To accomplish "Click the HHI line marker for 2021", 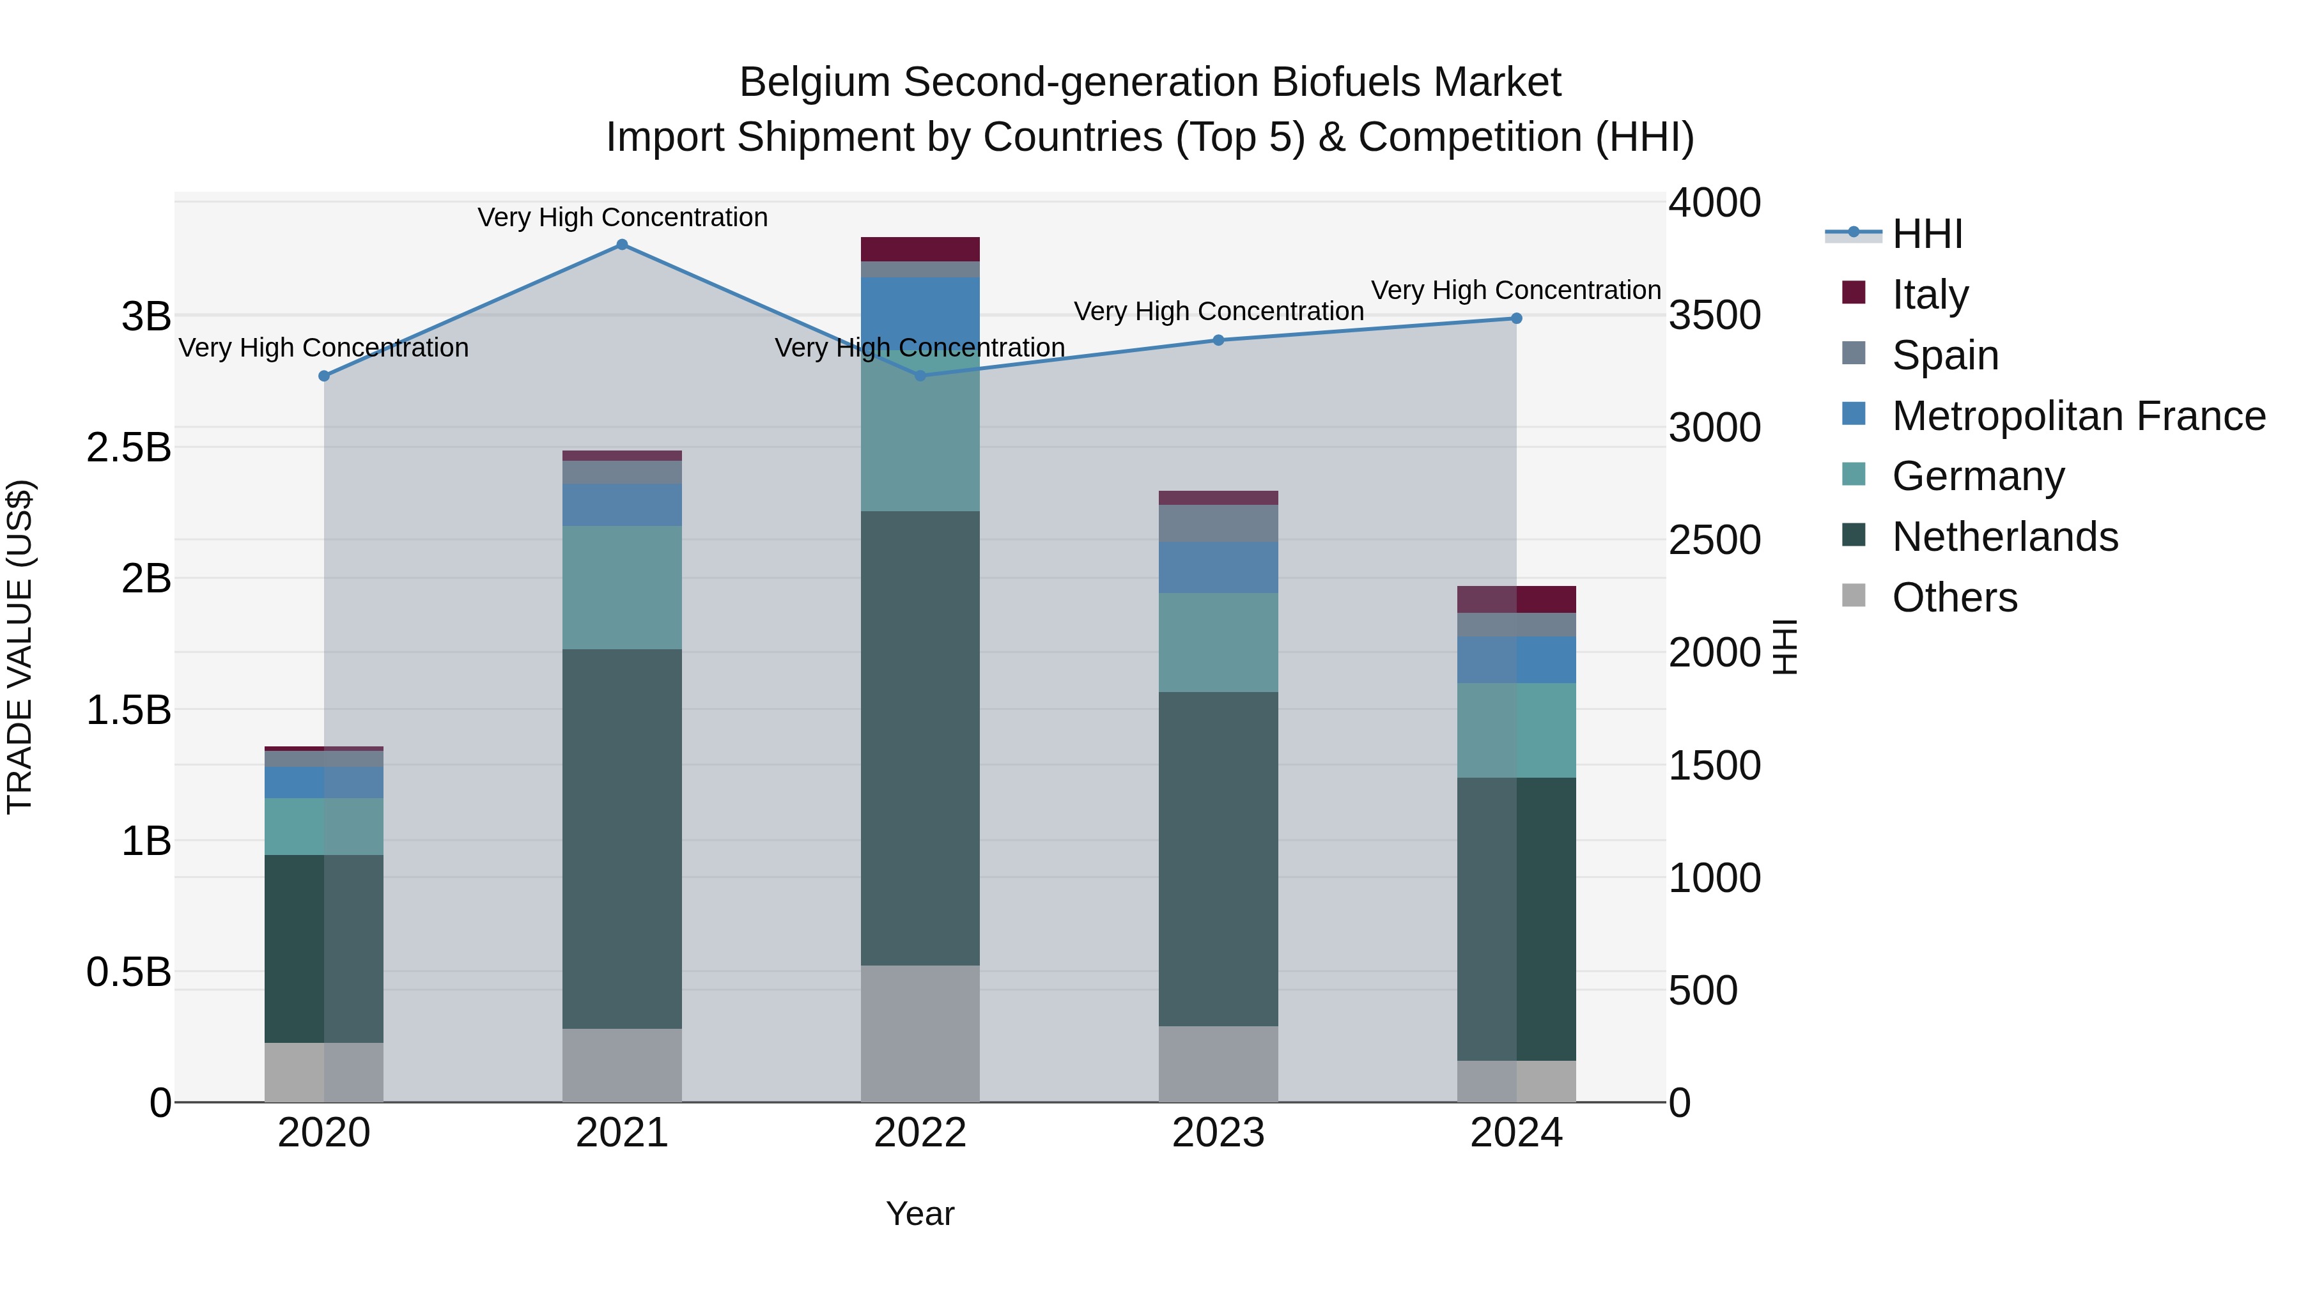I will coord(622,245).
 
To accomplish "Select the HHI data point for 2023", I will coord(1218,340).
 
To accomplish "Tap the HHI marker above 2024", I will coord(1516,319).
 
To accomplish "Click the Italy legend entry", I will coord(1930,294).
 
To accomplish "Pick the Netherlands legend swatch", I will coord(1854,536).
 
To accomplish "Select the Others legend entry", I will coord(1953,597).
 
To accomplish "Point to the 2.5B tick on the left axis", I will coord(128,447).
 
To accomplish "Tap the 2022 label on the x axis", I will coord(920,1133).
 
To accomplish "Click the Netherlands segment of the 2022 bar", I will coord(920,737).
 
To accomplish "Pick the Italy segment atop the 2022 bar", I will coord(920,249).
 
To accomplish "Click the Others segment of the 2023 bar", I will coord(1218,1063).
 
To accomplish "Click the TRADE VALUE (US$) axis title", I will coord(20,647).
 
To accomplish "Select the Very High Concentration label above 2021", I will coord(622,217).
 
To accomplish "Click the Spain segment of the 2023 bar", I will coord(1218,523).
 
